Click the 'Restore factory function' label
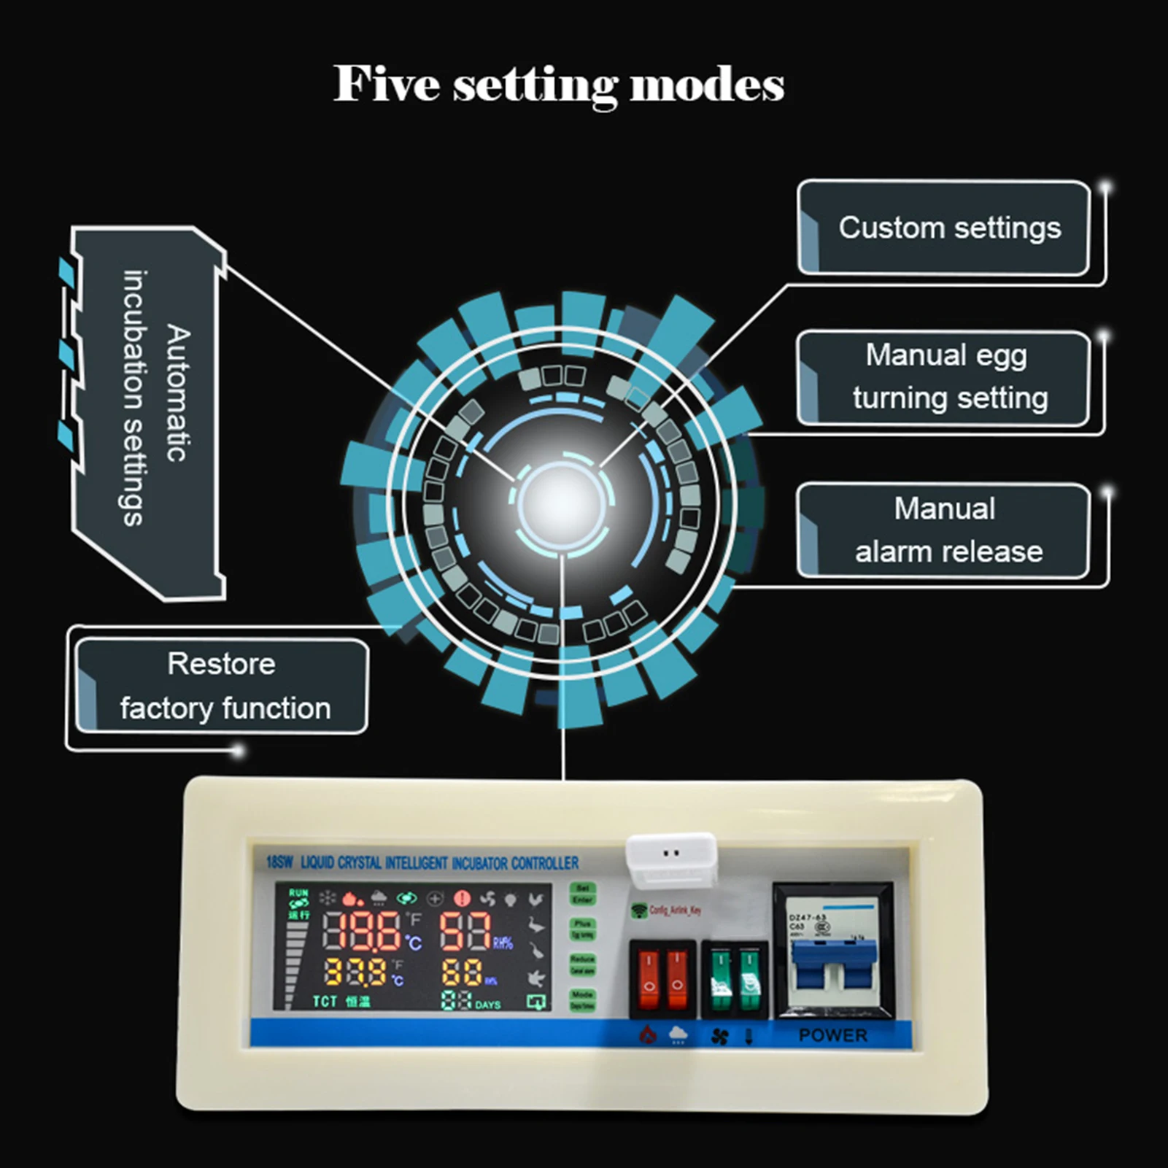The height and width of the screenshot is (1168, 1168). tap(222, 687)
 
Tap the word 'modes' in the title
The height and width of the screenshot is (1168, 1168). tap(706, 85)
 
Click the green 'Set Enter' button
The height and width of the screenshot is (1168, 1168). tap(582, 894)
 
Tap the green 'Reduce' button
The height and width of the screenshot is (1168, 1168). tap(582, 964)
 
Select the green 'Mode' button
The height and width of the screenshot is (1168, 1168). tap(582, 999)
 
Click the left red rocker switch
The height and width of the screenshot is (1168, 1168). tap(648, 979)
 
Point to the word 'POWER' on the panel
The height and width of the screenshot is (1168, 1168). tap(832, 1035)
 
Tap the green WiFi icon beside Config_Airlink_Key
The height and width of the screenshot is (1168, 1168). tap(639, 910)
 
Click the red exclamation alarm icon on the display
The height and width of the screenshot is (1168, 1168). tap(462, 898)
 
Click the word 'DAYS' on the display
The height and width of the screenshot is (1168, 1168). tap(487, 1005)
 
